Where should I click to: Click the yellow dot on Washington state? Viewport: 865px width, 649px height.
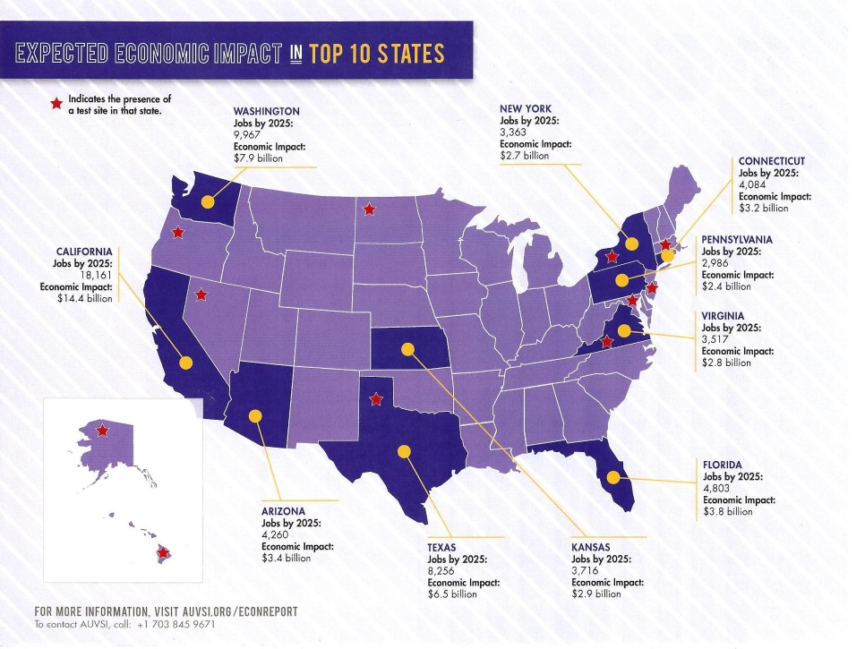click(208, 201)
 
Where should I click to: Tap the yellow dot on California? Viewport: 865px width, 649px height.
click(186, 363)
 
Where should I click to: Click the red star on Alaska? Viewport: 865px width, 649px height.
click(102, 431)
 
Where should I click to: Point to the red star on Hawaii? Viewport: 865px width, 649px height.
click(163, 552)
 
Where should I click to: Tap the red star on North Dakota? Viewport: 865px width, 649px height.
click(368, 210)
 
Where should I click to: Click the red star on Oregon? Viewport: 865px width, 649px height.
click(177, 233)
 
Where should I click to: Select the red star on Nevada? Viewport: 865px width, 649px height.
click(201, 294)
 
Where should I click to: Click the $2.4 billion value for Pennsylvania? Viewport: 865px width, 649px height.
click(726, 286)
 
